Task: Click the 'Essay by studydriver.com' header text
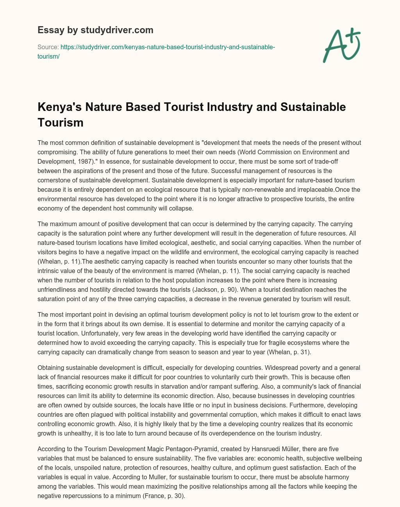95,30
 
